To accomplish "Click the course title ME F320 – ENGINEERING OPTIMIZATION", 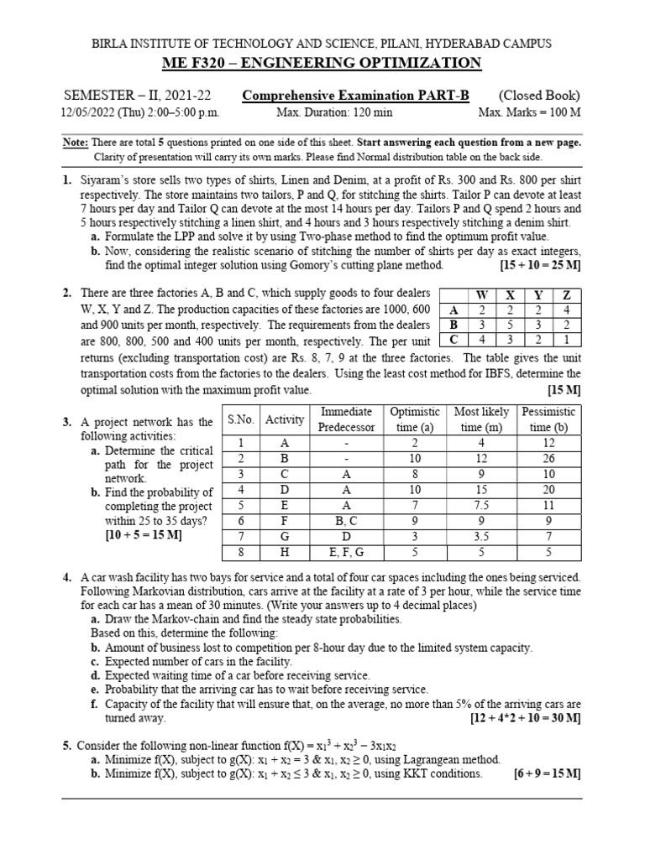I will coord(322,64).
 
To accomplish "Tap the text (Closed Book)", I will coord(539,96).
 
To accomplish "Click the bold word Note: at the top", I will coord(76,143).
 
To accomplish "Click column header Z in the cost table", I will coord(567,295).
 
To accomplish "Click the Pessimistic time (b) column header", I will coord(548,419).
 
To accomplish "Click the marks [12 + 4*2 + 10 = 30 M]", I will coord(525,719).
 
